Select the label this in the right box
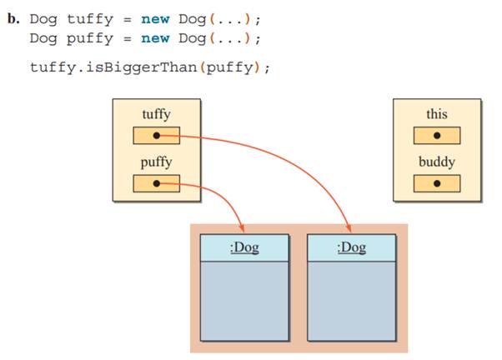pos(436,114)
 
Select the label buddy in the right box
pos(436,162)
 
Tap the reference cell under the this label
pos(436,135)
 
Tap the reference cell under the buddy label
pos(436,183)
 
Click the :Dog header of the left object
pos(244,248)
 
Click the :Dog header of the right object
pos(351,248)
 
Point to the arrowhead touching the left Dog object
pos(243,229)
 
